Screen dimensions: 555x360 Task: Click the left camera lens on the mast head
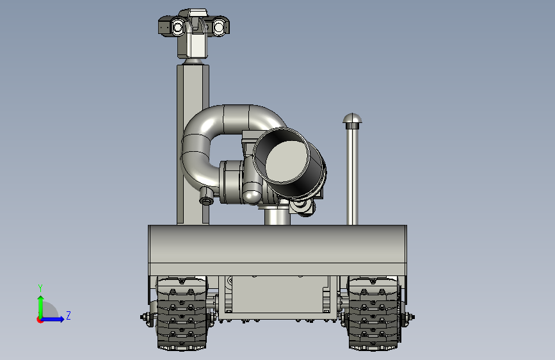(x=178, y=27)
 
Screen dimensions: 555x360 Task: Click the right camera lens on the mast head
(x=219, y=27)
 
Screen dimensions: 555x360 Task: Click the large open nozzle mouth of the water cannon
(x=282, y=156)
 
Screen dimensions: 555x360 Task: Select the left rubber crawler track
(x=182, y=314)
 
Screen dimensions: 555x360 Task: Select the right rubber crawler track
(x=374, y=314)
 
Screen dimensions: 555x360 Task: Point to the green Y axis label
(x=40, y=288)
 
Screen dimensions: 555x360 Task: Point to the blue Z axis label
(x=68, y=315)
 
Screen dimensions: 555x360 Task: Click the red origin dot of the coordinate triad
(x=40, y=320)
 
